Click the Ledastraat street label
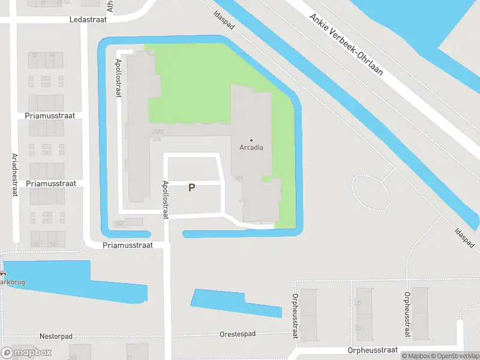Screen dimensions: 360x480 coord(88,19)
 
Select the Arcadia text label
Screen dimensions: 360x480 coord(251,147)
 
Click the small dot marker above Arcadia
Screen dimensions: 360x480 coord(251,140)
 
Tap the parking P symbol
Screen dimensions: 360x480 coord(191,188)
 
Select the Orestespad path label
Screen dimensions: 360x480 coord(238,334)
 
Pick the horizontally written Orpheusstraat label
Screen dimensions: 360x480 coord(373,350)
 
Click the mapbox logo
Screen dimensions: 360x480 coord(26,353)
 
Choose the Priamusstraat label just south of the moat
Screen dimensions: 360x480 coord(128,245)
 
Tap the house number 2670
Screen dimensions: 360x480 coord(158,132)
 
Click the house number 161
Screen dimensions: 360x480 coord(119,223)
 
